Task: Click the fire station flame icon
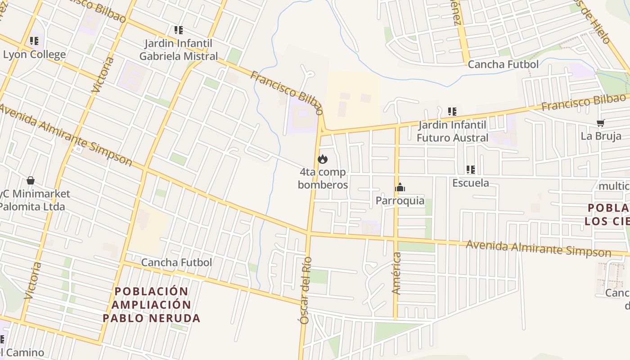pyautogui.click(x=323, y=159)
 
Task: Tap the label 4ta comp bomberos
pyautogui.click(x=323, y=178)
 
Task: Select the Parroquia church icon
pyautogui.click(x=400, y=188)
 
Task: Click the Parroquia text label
pyautogui.click(x=400, y=201)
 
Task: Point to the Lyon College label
pyautogui.click(x=35, y=55)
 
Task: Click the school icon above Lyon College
pyautogui.click(x=34, y=41)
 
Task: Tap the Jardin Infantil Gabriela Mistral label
pyautogui.click(x=179, y=50)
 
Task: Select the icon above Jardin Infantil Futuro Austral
pyautogui.click(x=452, y=112)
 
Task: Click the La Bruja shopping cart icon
pyautogui.click(x=600, y=123)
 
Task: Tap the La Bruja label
pyautogui.click(x=601, y=136)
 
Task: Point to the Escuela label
pyautogui.click(x=471, y=183)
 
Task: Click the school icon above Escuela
pyautogui.click(x=471, y=170)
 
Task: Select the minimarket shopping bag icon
pyautogui.click(x=31, y=180)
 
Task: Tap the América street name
pyautogui.click(x=396, y=273)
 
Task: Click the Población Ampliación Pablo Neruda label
pyautogui.click(x=151, y=305)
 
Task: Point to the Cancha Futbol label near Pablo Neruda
pyautogui.click(x=176, y=262)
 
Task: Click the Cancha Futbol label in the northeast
pyautogui.click(x=503, y=64)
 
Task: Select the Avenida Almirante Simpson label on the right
pyautogui.click(x=538, y=248)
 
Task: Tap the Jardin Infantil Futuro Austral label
pyautogui.click(x=452, y=131)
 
